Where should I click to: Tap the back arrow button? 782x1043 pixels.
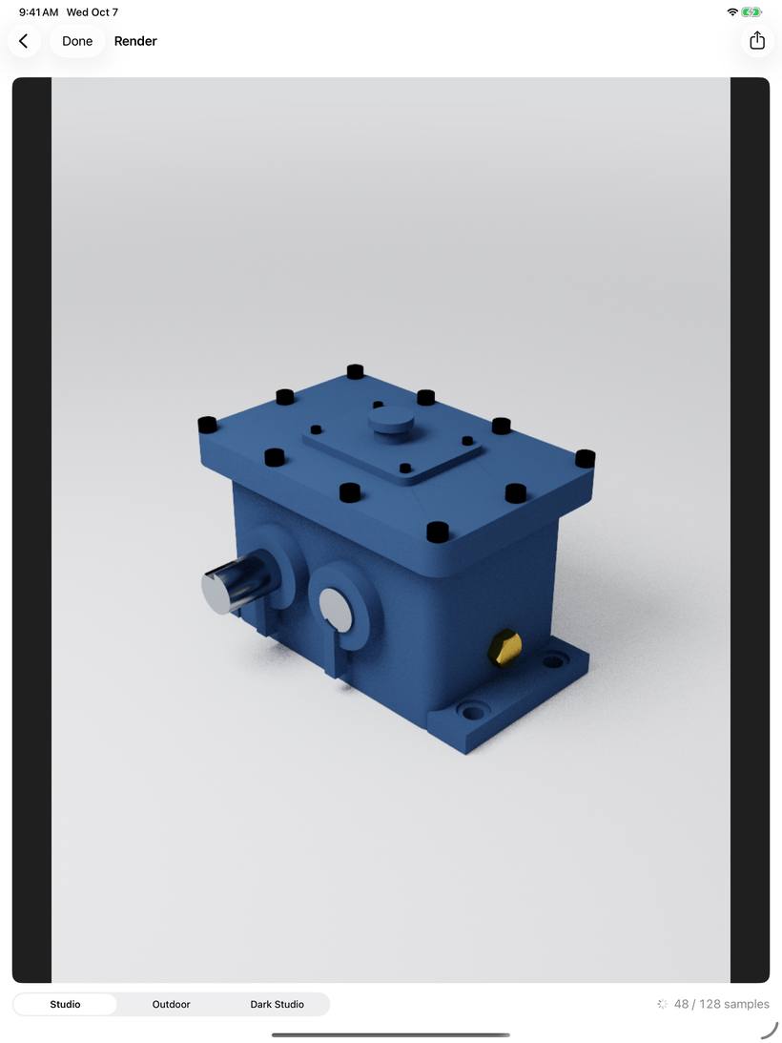[x=24, y=41]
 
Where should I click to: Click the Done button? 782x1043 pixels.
[x=77, y=41]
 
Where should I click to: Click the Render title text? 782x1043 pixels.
[x=135, y=41]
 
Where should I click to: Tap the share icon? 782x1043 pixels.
[x=757, y=41]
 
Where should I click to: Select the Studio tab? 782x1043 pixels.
[x=65, y=1005]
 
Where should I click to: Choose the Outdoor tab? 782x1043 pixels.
[x=171, y=1005]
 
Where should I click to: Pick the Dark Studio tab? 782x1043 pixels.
[x=277, y=1005]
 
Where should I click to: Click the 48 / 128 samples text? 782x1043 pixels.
[x=722, y=1005]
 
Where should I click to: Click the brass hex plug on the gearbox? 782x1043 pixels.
[x=504, y=647]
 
